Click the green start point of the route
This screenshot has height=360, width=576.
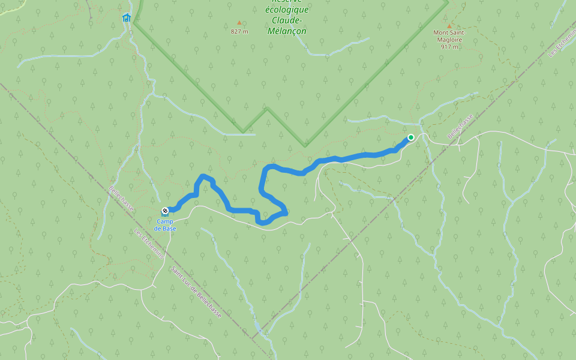[411, 137]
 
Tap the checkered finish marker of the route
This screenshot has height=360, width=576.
[165, 211]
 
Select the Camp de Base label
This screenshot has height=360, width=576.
[164, 225]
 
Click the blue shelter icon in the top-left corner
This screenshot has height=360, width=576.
[126, 17]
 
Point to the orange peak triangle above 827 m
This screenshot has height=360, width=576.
[239, 23]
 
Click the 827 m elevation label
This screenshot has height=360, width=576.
[239, 32]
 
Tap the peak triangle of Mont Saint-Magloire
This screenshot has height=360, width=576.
[449, 26]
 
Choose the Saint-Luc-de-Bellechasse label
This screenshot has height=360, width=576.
[196, 293]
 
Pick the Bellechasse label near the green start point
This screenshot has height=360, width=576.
[460, 127]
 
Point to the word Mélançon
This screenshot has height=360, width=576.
[288, 31]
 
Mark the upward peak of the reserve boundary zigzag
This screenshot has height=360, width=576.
[267, 109]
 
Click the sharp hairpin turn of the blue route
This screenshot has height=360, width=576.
[286, 212]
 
